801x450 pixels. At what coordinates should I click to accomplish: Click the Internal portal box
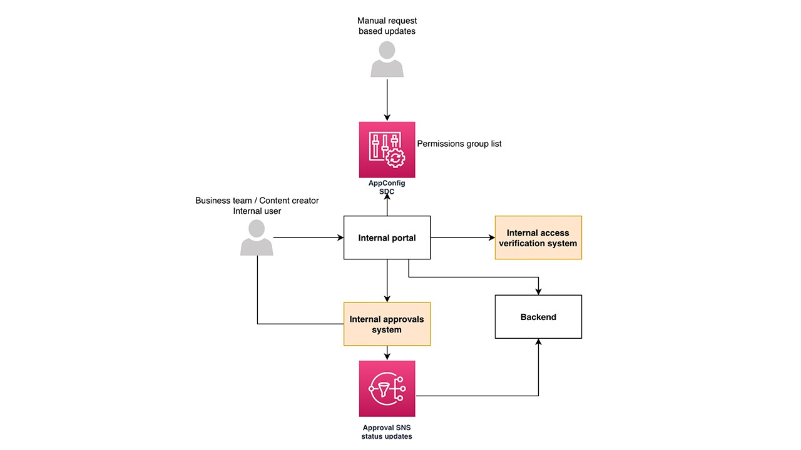pos(387,237)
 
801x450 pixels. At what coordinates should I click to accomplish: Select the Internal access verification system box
pos(538,237)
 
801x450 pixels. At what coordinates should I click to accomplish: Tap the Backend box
pos(538,317)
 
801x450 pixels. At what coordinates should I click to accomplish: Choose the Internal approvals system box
pos(387,324)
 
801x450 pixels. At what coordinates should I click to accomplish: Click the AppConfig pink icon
pos(387,149)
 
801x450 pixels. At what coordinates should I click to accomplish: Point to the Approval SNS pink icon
pos(387,388)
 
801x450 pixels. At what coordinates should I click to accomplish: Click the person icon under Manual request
pos(387,60)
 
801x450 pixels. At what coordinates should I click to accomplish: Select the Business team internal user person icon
pos(257,238)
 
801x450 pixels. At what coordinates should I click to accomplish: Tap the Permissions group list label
pos(459,144)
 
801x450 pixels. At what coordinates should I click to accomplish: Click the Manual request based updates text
pos(387,26)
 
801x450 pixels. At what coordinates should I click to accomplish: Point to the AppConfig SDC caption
pos(387,187)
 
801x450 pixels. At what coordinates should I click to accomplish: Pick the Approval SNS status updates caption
pos(387,431)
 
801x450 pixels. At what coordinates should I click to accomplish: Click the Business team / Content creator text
pos(257,201)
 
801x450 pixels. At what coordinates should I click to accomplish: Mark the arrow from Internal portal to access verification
pos(462,237)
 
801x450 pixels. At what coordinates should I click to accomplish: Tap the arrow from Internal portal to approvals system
pos(387,281)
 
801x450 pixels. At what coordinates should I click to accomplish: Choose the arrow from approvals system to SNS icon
pos(387,353)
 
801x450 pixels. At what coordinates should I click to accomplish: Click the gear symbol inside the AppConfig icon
pos(395,159)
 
